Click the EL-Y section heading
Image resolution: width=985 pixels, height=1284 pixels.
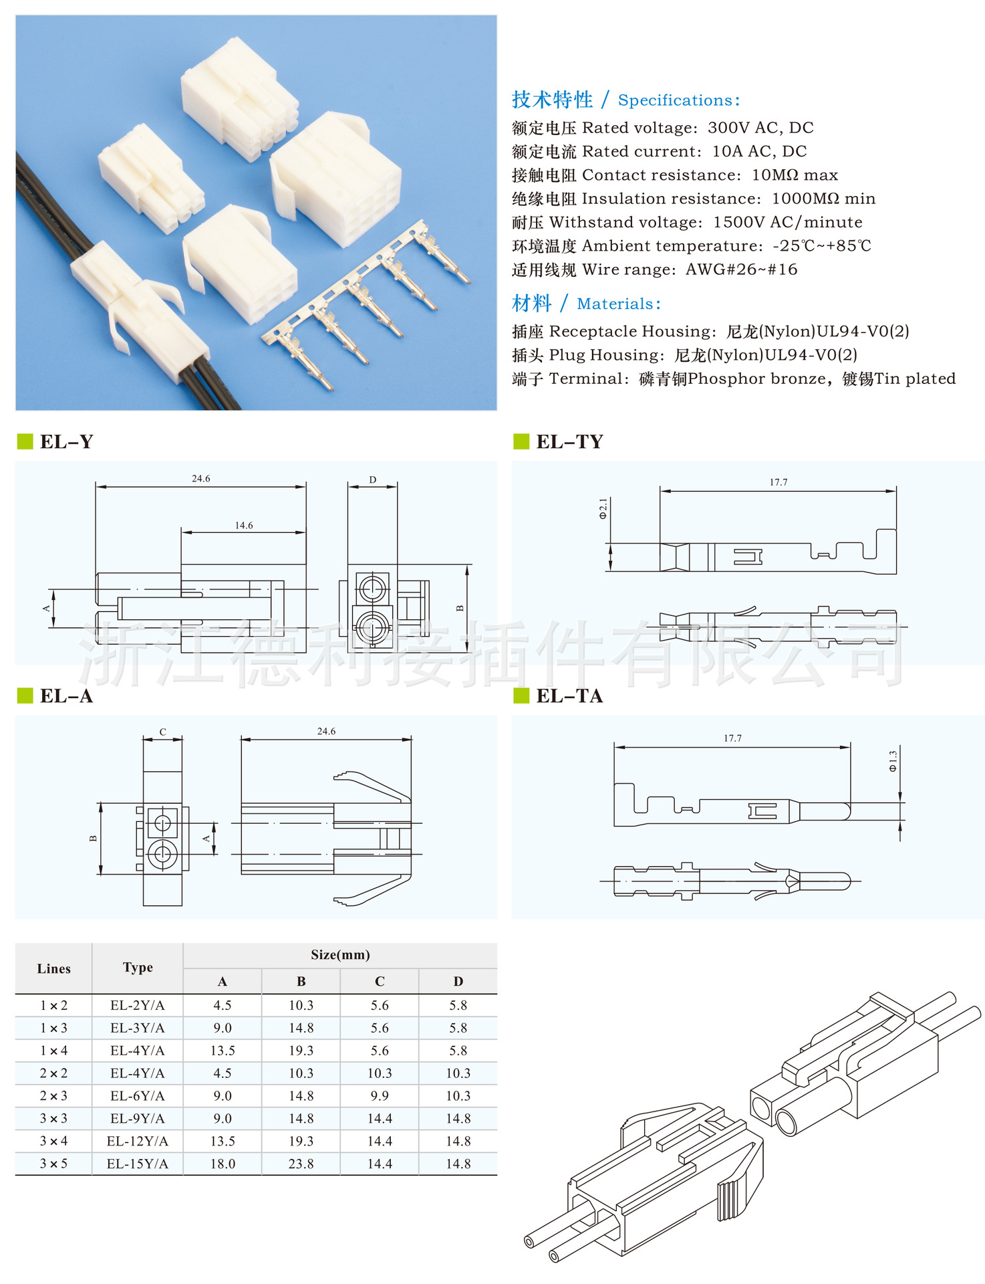pyautogui.click(x=66, y=441)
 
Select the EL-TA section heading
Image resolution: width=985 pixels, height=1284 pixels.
pyautogui.click(x=569, y=696)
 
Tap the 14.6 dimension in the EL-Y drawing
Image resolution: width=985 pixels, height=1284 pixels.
pyautogui.click(x=244, y=525)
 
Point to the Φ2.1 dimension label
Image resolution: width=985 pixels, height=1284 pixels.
pyautogui.click(x=603, y=508)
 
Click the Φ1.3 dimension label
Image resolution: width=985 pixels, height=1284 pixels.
pyautogui.click(x=893, y=761)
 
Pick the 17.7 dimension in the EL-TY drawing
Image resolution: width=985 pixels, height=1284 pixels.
pyautogui.click(x=779, y=481)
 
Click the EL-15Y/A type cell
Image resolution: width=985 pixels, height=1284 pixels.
pyautogui.click(x=138, y=1164)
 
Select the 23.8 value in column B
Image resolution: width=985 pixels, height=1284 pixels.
pyautogui.click(x=301, y=1164)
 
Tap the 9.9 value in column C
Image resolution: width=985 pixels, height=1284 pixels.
pyautogui.click(x=380, y=1095)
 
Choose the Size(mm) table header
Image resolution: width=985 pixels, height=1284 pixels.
pyautogui.click(x=340, y=955)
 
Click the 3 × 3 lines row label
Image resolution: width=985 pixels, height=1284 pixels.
pyautogui.click(x=53, y=1118)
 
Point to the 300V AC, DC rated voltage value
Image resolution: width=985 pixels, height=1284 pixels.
pyautogui.click(x=760, y=128)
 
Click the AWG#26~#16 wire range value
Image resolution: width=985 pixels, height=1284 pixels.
pyautogui.click(x=741, y=270)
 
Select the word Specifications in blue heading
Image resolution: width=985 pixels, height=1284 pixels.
pyautogui.click(x=675, y=100)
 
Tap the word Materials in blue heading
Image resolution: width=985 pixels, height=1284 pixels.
pyautogui.click(x=615, y=304)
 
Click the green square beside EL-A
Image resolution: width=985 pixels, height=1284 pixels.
pyautogui.click(x=25, y=695)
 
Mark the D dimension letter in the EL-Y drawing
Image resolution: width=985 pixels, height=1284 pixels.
pyautogui.click(x=373, y=479)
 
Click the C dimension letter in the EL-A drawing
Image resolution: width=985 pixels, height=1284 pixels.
pyautogui.click(x=162, y=732)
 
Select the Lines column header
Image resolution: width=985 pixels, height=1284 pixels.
pyautogui.click(x=53, y=968)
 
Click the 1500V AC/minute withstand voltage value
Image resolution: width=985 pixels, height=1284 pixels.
pyautogui.click(x=787, y=222)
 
